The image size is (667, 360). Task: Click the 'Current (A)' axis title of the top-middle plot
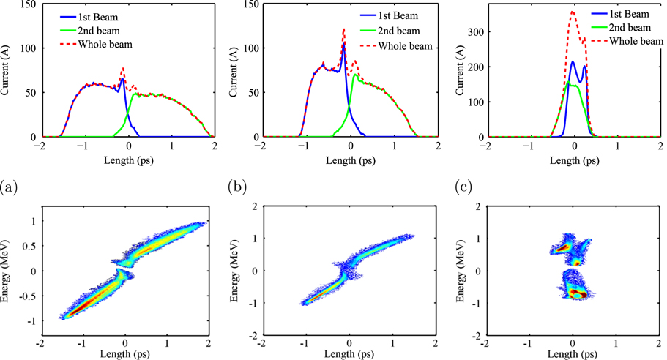tap(231, 70)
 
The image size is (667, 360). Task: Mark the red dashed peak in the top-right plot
tap(573, 12)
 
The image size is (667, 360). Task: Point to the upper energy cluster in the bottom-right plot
tap(564, 250)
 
